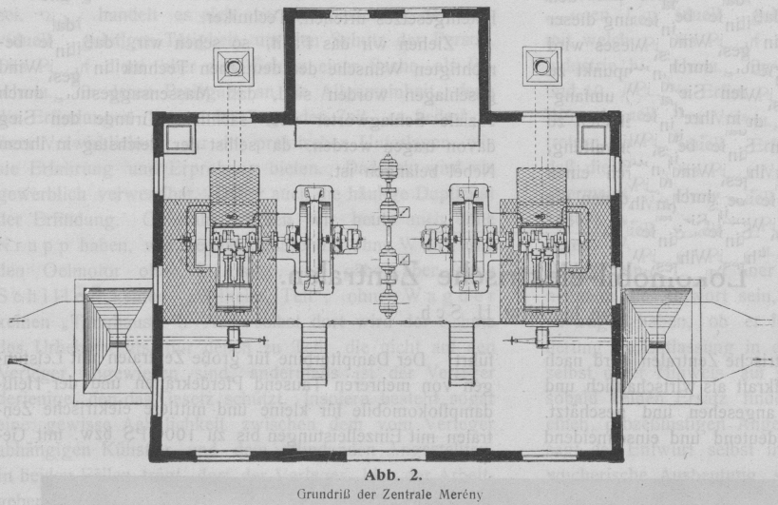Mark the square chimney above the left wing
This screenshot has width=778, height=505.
(231, 67)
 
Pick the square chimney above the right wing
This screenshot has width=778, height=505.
(543, 67)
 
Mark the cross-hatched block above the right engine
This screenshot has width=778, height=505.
(543, 193)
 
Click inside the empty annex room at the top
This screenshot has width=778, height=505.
(387, 67)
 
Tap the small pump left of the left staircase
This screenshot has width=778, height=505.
(233, 335)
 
